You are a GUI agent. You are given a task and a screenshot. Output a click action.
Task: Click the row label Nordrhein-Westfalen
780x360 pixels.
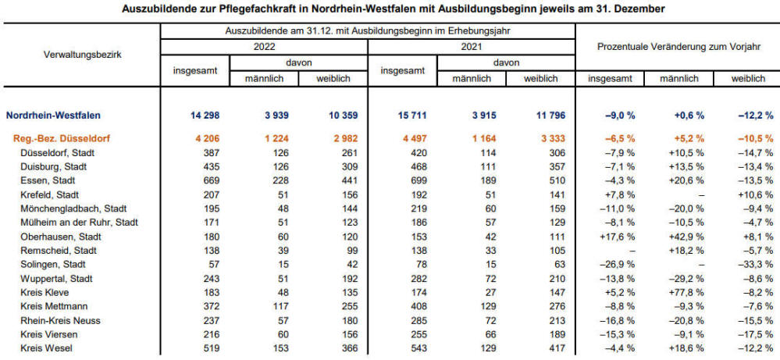53,116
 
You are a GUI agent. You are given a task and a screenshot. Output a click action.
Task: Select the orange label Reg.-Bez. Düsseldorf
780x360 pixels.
61,139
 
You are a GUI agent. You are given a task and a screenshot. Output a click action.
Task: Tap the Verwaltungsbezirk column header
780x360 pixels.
83,55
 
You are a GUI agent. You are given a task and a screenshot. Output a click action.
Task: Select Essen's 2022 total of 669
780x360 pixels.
212,181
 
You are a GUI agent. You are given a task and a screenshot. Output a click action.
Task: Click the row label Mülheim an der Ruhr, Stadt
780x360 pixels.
79,223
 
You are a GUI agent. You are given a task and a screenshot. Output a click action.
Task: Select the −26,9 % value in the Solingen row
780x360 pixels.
618,265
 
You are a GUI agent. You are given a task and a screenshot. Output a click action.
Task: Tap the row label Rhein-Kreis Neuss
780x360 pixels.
61,320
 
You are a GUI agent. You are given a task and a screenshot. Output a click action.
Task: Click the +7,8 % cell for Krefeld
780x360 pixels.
621,195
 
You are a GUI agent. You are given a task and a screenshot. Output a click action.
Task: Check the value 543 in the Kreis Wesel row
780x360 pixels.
418,348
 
